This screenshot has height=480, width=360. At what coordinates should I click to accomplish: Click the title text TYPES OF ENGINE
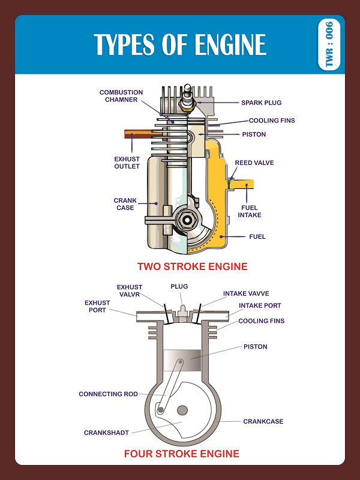tap(180, 45)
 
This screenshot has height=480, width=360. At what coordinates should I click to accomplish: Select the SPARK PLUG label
tap(261, 103)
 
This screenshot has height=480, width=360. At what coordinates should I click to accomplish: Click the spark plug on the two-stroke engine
tap(188, 100)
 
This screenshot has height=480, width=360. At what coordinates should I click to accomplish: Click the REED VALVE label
tap(251, 163)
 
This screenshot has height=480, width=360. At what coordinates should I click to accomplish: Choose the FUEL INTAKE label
tap(250, 211)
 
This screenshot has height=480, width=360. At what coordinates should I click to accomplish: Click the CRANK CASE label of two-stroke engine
tap(125, 204)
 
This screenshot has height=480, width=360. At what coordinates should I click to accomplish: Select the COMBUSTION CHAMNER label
tap(121, 96)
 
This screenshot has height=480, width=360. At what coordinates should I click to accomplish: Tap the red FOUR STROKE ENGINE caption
tap(181, 454)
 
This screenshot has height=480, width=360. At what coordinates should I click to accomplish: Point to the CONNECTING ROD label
tap(108, 394)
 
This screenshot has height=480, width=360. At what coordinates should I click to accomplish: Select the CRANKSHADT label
tap(106, 432)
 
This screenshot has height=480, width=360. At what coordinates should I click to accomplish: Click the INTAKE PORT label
tap(260, 305)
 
